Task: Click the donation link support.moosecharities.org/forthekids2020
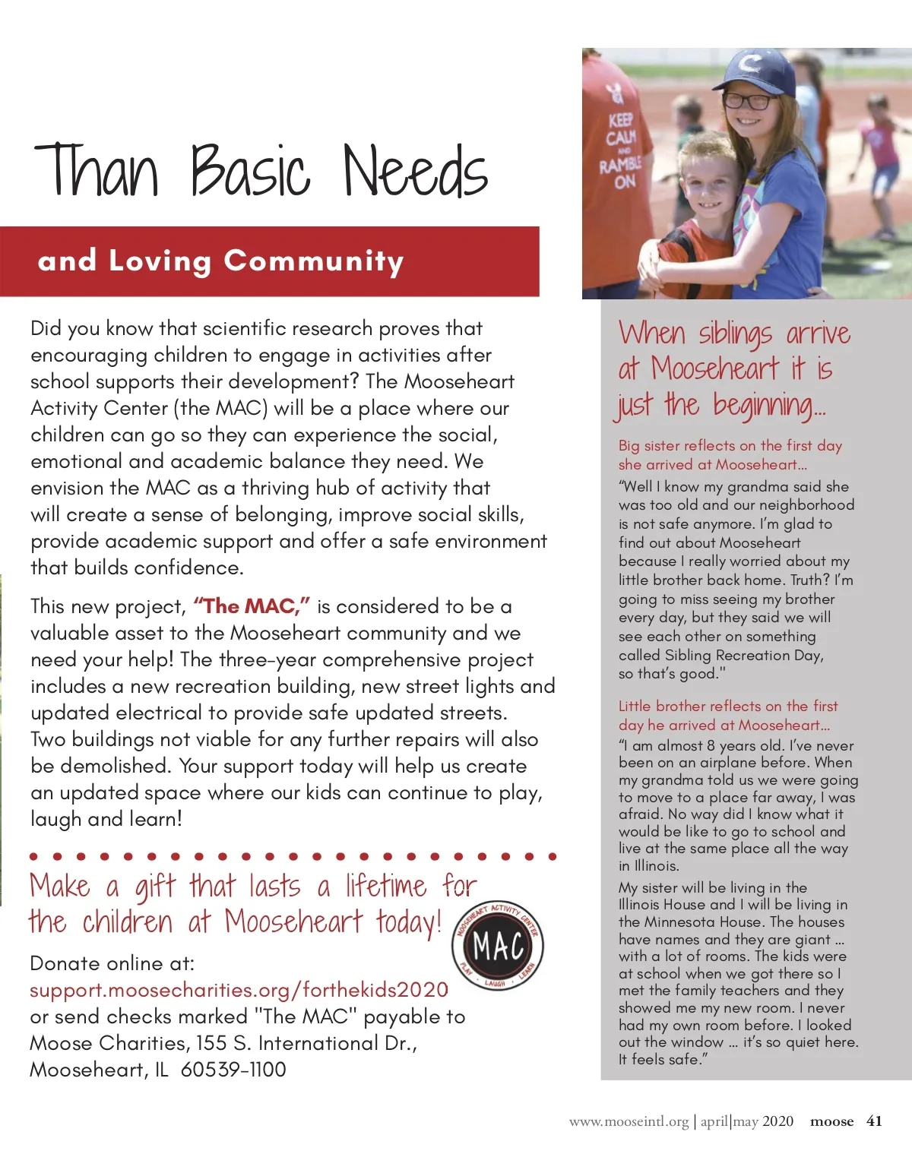point(239,990)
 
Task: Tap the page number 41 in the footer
point(874,1121)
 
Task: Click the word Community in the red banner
point(313,261)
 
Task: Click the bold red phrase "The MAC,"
point(251,606)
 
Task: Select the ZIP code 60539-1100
point(233,1070)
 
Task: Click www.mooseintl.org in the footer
point(629,1121)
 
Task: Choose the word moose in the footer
point(831,1121)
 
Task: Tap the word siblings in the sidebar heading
point(735,334)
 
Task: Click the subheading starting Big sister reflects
point(730,455)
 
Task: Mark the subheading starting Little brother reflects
point(727,715)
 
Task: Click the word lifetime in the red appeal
point(386,886)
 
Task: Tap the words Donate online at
point(112,963)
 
